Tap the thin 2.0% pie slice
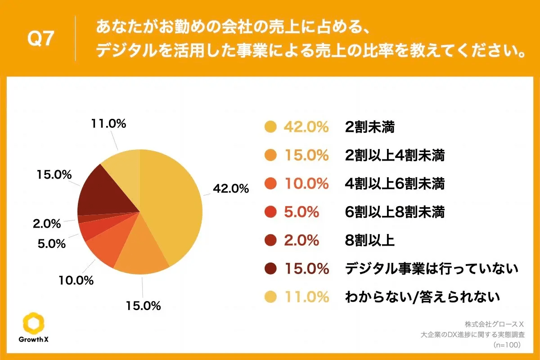(x=81, y=219)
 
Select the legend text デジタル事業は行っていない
(x=432, y=269)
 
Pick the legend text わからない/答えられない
(x=422, y=297)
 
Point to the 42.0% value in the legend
(x=306, y=127)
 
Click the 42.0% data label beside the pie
(x=231, y=189)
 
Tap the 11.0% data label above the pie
(x=108, y=124)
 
